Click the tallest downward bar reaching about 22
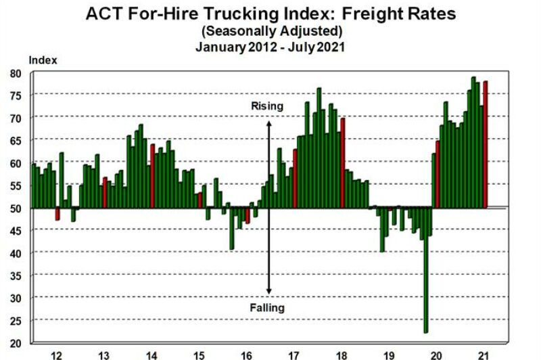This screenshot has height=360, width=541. click(425, 271)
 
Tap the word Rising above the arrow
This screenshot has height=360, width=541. click(267, 106)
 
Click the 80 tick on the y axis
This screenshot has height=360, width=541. click(16, 73)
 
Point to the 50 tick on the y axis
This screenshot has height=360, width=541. click(16, 208)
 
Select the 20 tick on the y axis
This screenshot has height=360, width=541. click(16, 342)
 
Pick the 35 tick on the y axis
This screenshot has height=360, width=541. click(16, 275)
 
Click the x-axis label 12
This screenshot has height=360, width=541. click(56, 354)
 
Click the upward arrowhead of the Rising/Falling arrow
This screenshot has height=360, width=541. click(268, 123)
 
